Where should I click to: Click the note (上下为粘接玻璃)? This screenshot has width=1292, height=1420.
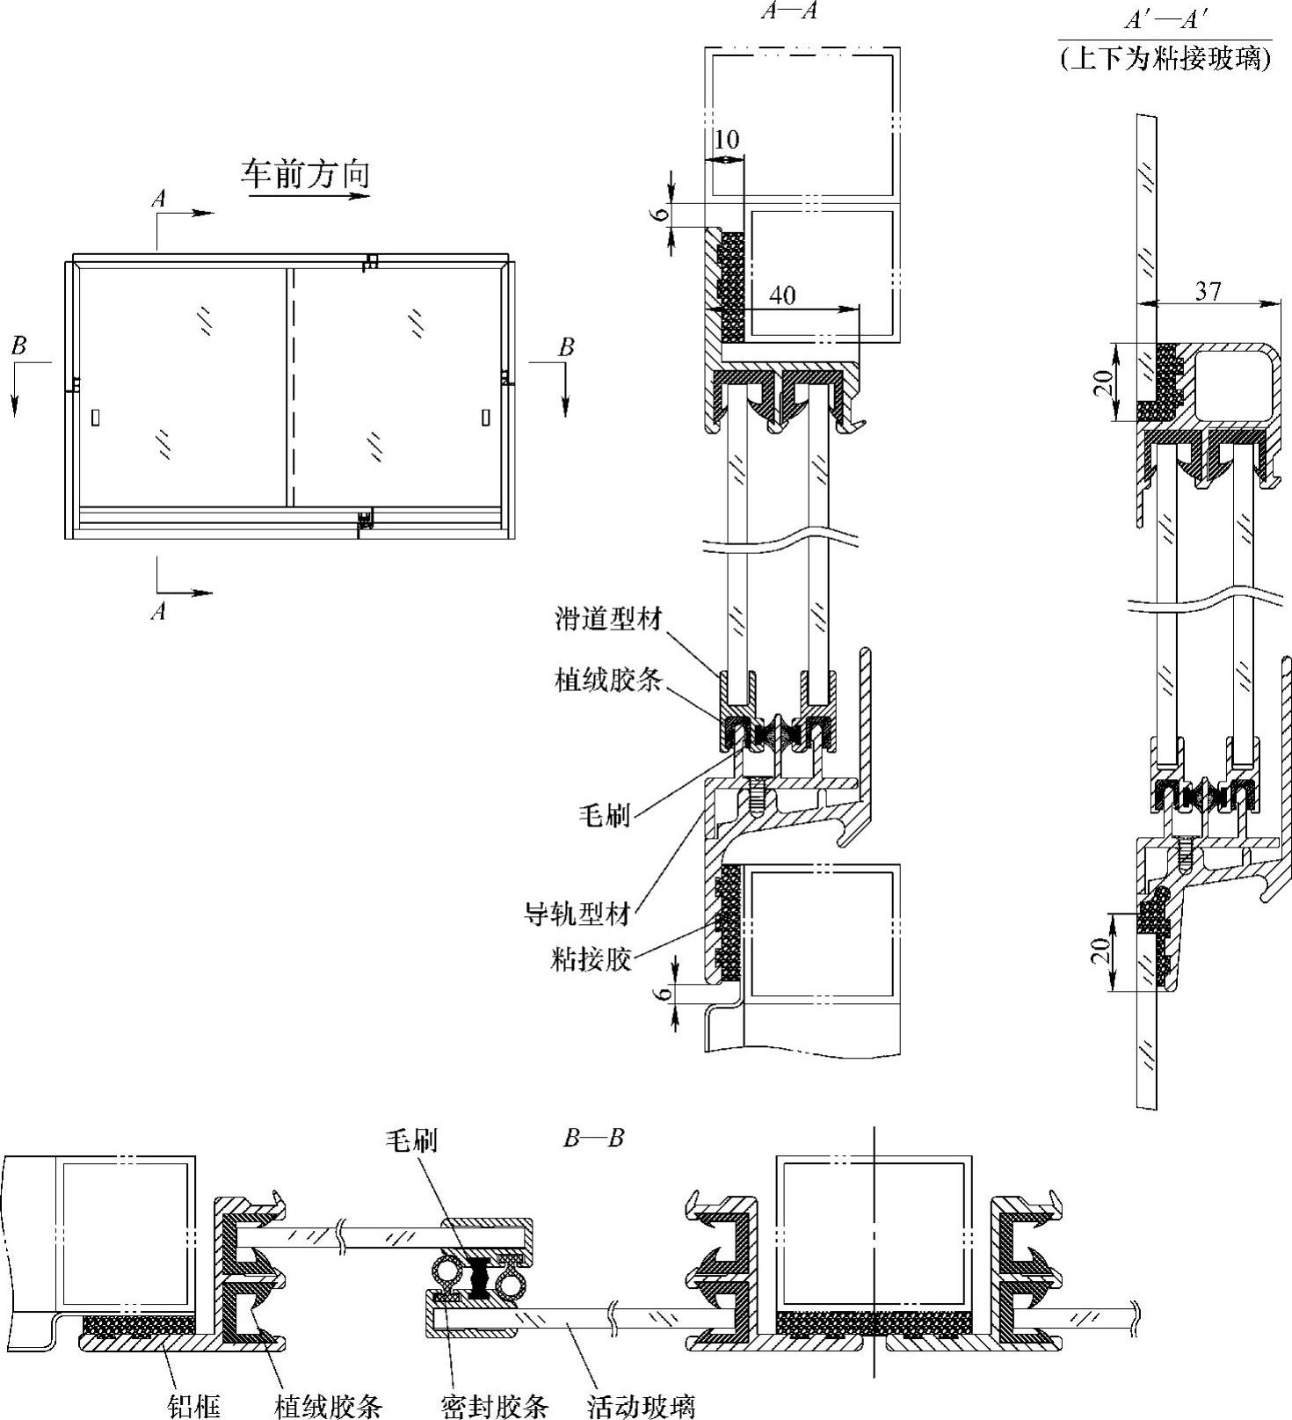(1165, 58)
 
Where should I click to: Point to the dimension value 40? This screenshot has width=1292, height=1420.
(782, 294)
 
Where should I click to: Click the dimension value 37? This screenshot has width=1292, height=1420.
(1208, 290)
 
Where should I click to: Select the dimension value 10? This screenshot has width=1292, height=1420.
(727, 140)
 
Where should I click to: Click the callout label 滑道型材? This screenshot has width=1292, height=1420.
(607, 618)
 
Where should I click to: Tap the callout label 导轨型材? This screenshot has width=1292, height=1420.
(577, 914)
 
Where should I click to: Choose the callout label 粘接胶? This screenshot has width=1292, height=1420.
(591, 958)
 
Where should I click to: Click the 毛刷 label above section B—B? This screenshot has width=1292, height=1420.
(410, 1140)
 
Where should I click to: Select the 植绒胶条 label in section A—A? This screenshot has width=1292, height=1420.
(607, 679)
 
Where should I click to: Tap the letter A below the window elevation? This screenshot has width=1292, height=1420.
(158, 610)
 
